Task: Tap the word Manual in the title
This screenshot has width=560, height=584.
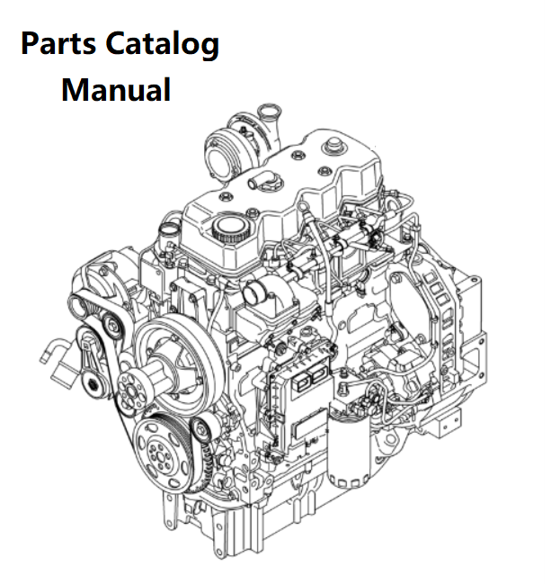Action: pos(116,89)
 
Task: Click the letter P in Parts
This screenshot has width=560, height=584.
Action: pos(30,43)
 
